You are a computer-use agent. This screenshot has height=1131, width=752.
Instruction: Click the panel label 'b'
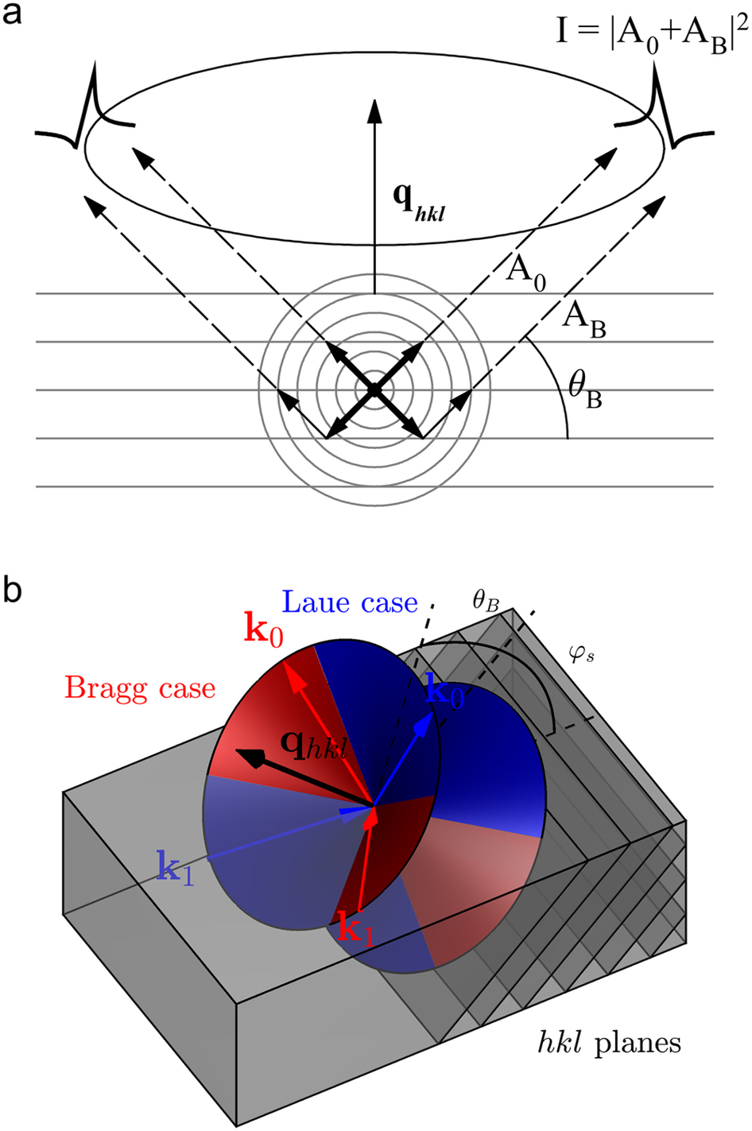point(14,591)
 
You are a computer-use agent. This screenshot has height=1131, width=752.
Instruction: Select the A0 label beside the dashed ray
point(526,274)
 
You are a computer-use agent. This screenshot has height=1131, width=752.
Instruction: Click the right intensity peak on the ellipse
point(664,111)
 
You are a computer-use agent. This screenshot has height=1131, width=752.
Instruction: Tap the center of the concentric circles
point(374,389)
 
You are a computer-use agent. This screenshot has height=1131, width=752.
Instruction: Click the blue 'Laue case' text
point(350,602)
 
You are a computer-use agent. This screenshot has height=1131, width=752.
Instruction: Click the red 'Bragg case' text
point(140,688)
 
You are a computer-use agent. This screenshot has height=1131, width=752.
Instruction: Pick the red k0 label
point(263,632)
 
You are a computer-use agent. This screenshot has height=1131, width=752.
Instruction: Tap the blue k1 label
point(175,869)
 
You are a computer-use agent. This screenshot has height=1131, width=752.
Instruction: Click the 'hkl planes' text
point(608,1042)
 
